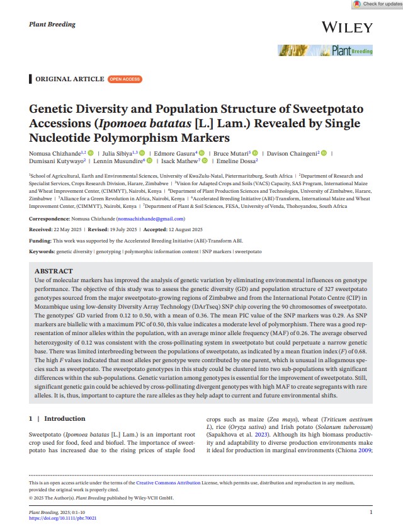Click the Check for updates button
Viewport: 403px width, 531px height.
377,4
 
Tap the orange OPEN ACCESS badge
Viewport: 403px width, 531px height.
125,79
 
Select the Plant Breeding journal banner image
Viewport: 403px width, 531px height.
326,50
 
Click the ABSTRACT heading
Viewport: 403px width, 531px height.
55,271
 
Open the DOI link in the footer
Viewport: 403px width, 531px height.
63,518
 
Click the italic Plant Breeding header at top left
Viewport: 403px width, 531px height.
52,25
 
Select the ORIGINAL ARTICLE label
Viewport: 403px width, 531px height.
69,79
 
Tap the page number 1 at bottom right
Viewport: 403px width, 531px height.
371,512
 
